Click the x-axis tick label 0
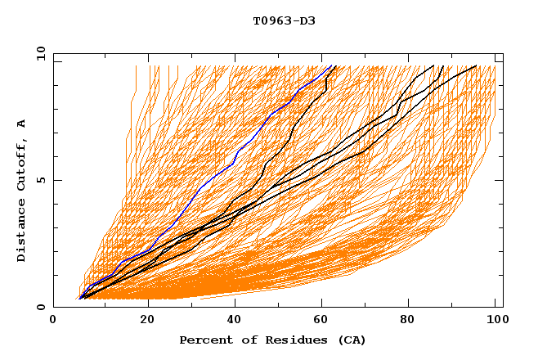[x=53, y=322]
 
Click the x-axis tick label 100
[x=495, y=322]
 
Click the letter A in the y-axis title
[x=22, y=124]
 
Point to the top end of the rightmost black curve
[x=476, y=65]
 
